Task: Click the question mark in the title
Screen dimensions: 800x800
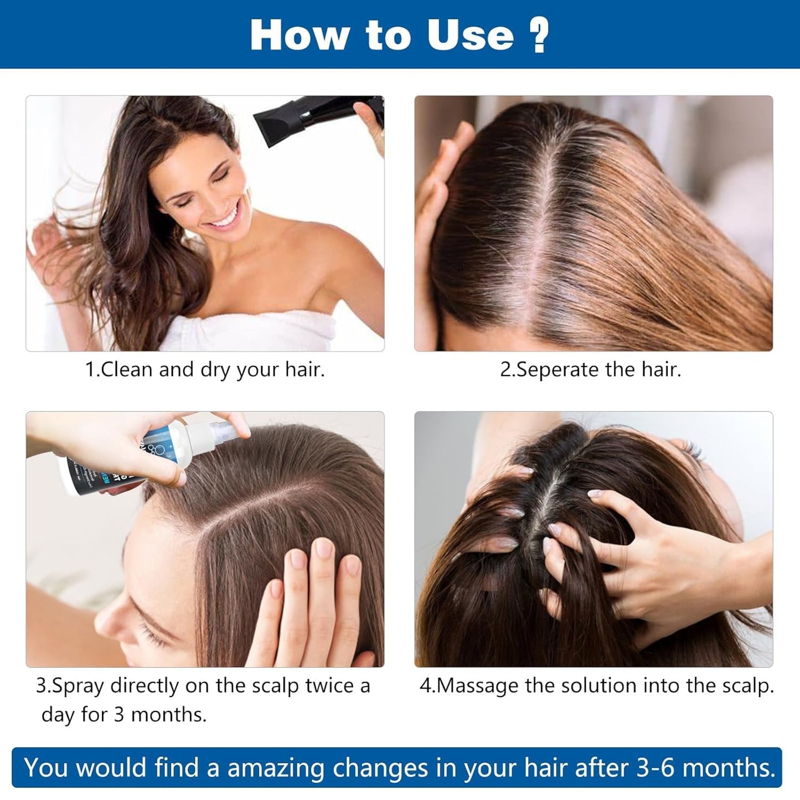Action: pos(539,35)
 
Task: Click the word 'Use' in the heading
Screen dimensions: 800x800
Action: pos(470,35)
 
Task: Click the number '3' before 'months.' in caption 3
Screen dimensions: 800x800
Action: pos(119,715)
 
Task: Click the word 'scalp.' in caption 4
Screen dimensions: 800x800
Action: pos(747,685)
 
